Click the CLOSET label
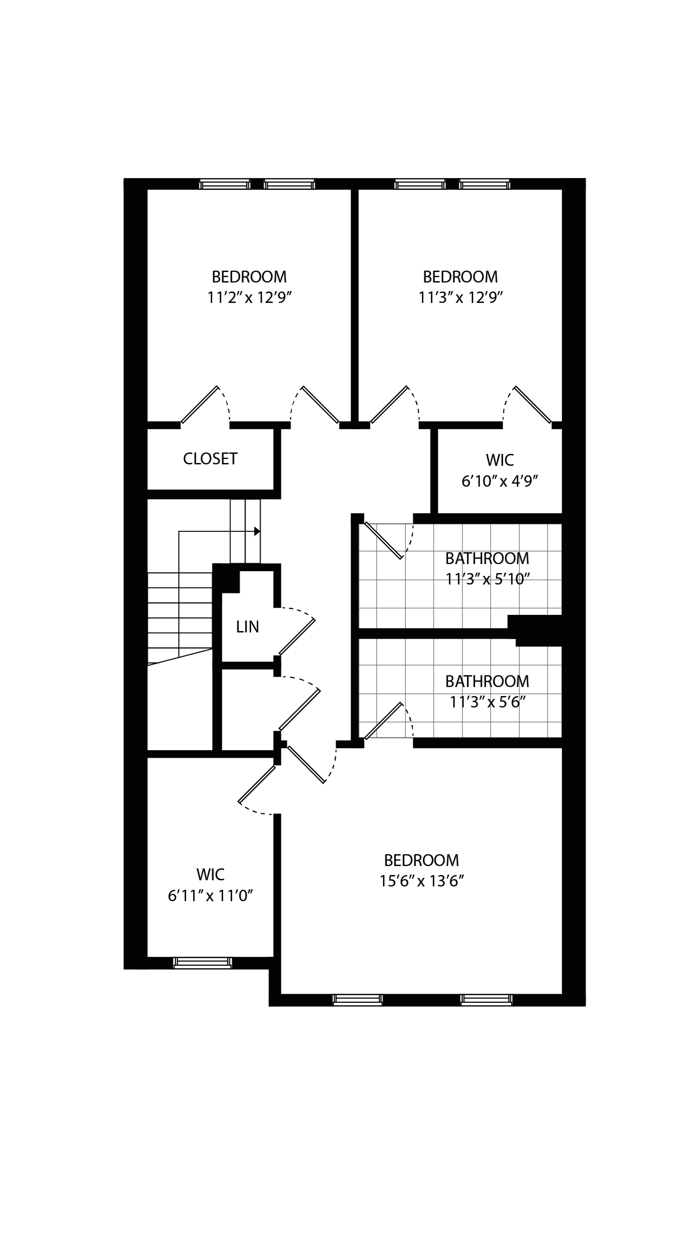[x=210, y=459]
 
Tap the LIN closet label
[x=247, y=627]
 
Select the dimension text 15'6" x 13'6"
[x=421, y=881]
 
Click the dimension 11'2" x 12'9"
[x=250, y=298]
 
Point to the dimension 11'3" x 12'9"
[x=460, y=298]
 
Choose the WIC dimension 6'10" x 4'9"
[x=500, y=481]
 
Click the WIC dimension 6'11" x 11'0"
[x=210, y=896]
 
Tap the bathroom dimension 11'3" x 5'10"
[x=487, y=578]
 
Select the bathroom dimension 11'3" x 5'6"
[x=487, y=702]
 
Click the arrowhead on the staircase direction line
[x=257, y=531]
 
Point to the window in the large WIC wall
[x=203, y=963]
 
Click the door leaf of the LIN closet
[x=297, y=637]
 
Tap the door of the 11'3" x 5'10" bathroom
[x=383, y=541]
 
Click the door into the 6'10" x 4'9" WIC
[x=533, y=405]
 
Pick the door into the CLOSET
[x=199, y=405]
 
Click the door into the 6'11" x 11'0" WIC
[x=257, y=784]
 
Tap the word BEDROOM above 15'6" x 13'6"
[x=421, y=860]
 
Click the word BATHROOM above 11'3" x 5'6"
[x=487, y=681]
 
